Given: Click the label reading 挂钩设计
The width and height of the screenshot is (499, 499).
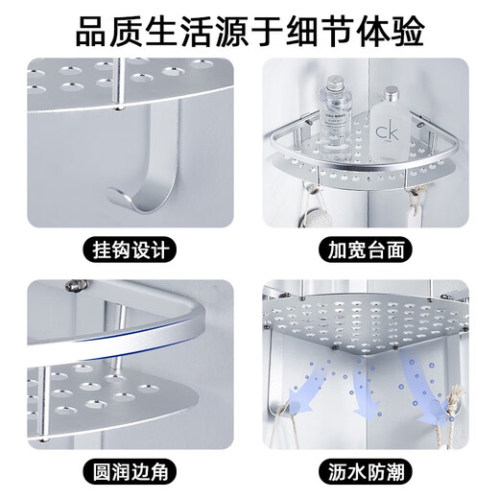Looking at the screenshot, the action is pos(131,249).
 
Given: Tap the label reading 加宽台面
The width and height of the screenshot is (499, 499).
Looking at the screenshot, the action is pos(367,249).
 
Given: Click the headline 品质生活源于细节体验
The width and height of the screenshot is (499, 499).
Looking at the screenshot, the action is pos(249,32).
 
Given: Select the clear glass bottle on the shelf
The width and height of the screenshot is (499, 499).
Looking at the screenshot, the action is pos(334,120).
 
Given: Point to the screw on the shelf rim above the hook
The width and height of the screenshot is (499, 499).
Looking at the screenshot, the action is pos(119,108).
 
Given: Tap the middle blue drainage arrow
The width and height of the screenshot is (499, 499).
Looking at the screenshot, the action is pos(365,387).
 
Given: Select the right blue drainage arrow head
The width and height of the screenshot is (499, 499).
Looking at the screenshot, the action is pos(436,413).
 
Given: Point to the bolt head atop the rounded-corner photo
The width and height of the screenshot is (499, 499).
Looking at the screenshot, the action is pos(74,286).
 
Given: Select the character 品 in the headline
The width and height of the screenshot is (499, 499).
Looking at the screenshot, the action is pos(92,32).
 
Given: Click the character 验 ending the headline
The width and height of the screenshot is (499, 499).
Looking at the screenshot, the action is pos(408,32).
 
